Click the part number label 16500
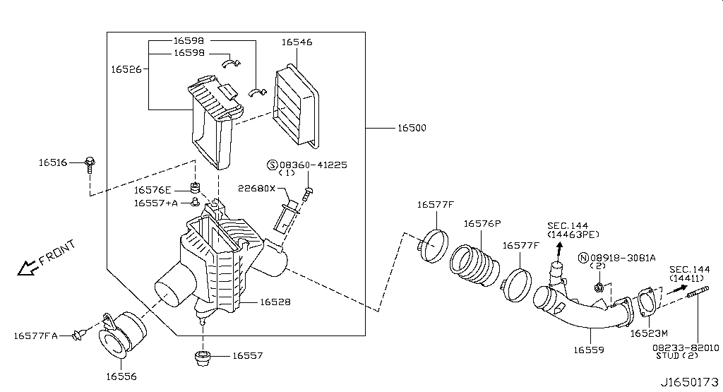click(412, 128)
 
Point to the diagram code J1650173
click(689, 382)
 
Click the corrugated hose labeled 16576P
click(474, 266)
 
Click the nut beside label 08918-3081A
click(599, 287)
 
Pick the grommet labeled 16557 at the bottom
click(203, 357)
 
